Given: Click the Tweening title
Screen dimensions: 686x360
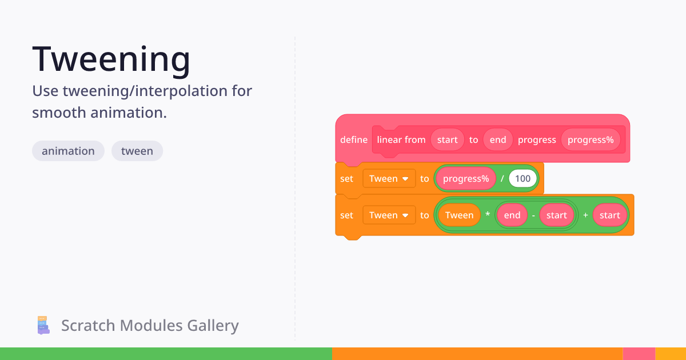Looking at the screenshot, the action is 111,59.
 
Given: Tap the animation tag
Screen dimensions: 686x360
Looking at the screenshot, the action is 68,151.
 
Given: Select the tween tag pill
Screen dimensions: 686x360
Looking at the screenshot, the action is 137,151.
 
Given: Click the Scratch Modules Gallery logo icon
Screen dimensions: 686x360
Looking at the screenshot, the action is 43,325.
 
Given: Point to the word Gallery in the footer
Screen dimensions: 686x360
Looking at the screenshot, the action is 213,326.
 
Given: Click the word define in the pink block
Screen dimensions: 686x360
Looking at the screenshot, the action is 354,140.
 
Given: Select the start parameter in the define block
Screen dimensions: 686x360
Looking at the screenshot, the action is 448,139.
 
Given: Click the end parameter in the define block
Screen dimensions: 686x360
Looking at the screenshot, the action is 498,139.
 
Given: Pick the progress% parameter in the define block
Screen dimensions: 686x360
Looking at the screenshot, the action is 591,139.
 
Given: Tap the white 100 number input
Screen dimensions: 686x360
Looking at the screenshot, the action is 523,178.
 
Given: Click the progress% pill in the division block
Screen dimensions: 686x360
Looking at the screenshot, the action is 466,178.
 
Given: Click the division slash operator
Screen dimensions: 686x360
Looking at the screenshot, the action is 502,178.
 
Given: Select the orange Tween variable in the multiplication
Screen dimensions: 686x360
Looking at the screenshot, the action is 460,215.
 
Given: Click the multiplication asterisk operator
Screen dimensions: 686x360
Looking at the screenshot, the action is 488,215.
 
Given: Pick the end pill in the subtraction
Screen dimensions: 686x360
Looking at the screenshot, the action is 512,215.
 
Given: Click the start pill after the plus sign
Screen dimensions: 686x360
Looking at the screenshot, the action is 610,215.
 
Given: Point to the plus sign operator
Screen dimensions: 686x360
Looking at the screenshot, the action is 585,215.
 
